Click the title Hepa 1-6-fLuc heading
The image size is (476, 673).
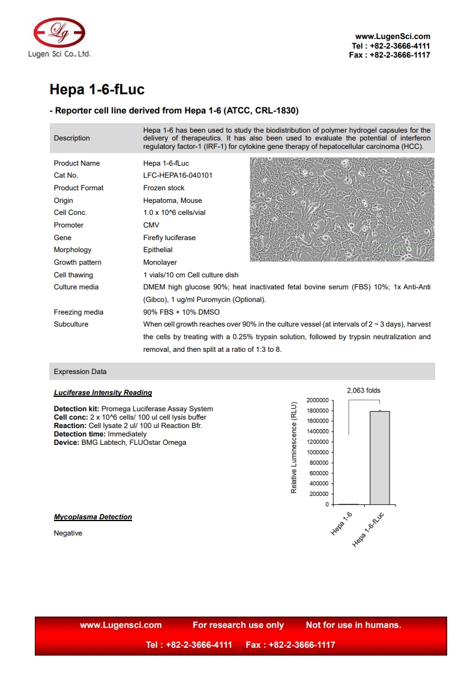[x=97, y=90]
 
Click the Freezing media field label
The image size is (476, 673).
[x=78, y=312]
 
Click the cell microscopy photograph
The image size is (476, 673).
[x=342, y=210]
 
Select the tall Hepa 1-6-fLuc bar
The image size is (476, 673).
[x=379, y=457]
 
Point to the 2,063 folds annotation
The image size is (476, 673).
[x=364, y=391]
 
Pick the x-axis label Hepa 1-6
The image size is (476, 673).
[x=342, y=524]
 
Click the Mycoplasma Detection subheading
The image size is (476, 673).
[x=93, y=517]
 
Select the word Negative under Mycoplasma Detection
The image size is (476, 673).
[x=68, y=533]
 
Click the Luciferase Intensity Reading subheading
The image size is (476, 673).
[x=103, y=393]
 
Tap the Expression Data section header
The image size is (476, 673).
[x=80, y=372]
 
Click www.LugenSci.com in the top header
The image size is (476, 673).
[x=393, y=37]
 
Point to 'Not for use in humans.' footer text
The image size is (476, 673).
[x=354, y=625]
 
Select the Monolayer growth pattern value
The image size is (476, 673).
[x=160, y=262]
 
